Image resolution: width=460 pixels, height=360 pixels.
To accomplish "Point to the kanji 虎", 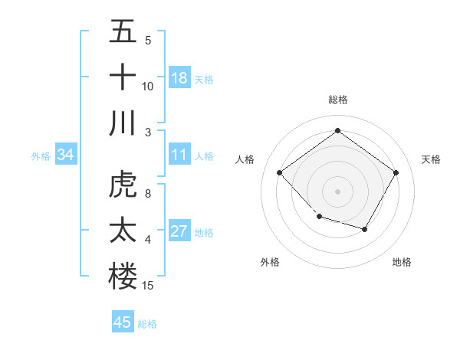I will point(123,186).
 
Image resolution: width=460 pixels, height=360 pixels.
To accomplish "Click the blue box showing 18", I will point(179,77).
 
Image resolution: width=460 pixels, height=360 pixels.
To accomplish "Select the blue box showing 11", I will point(179,155).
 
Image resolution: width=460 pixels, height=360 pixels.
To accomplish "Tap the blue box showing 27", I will point(179,231).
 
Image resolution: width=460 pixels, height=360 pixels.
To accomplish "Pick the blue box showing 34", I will point(65,155).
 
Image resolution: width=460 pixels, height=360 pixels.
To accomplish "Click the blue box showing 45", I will point(123,322).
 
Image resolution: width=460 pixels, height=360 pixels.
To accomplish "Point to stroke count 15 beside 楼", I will point(149,286).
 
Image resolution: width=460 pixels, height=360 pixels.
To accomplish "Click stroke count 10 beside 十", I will point(148,87).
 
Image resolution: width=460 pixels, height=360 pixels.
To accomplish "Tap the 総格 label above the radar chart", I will point(337,100).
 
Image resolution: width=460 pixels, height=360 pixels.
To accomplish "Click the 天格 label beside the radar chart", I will point(431,159).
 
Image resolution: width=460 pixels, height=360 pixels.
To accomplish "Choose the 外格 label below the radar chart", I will point(270,262).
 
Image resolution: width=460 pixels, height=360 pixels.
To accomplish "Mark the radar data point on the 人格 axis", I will point(280,172).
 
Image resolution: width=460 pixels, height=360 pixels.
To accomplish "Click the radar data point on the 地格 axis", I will point(365,229).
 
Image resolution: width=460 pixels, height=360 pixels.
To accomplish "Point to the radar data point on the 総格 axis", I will point(337,130).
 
